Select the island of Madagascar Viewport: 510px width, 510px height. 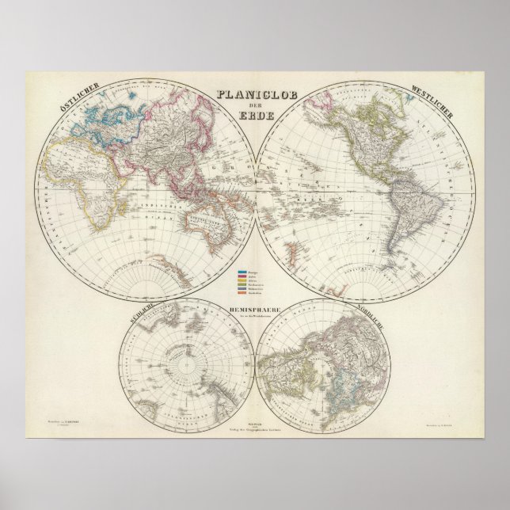coord(108,218)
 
